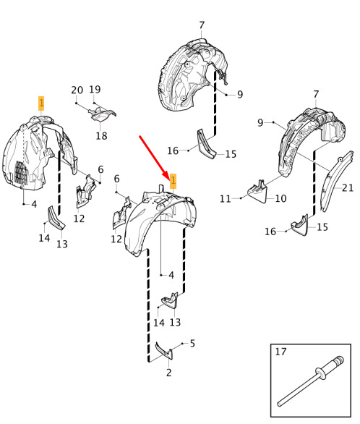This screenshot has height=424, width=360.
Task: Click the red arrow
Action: pos(154,156)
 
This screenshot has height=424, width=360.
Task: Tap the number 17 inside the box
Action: pos(281,352)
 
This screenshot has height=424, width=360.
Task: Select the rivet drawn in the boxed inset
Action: pos(311,381)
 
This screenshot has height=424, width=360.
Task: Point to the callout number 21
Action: pos(348,187)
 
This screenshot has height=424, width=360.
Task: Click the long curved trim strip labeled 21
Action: pos(336,181)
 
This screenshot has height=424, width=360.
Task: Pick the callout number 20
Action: pos(77,90)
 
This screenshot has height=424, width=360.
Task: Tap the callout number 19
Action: pos(95,89)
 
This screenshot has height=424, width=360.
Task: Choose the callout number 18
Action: pos(101,136)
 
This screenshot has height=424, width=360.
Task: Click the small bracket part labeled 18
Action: pos(102,114)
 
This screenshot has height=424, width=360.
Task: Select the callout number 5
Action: pos(192,344)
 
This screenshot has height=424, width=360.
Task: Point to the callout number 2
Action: pos(169,373)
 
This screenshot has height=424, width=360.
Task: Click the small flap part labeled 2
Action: pos(164,351)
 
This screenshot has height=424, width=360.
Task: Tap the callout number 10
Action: pos(280,198)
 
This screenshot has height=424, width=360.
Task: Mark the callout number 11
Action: pos(226,199)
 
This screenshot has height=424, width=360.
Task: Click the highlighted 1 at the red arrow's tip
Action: pos(173,181)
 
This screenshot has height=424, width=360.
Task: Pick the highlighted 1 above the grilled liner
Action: pos(41,103)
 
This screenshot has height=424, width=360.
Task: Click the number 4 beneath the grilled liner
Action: pos(34,204)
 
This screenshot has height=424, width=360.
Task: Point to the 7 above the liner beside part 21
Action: pos(316,94)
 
